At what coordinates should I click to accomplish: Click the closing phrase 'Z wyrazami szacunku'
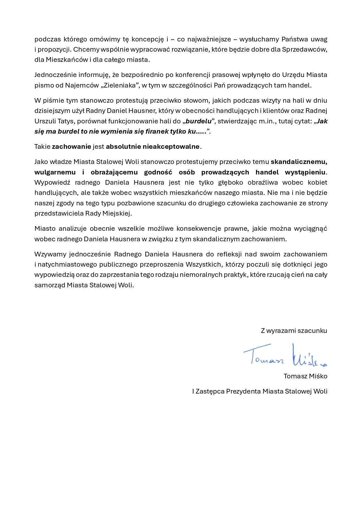coord(294,331)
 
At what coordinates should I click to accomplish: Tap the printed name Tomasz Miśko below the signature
coord(305,376)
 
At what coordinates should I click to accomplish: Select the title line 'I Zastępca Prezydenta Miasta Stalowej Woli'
coord(260,391)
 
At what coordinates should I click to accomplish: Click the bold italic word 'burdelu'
coord(198,121)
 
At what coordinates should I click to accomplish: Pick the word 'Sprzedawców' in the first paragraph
coord(304,49)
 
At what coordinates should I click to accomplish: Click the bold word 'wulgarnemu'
coord(55,172)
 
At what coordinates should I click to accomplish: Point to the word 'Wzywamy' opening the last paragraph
coord(50,254)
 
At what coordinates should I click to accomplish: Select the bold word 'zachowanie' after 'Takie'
coord(71,146)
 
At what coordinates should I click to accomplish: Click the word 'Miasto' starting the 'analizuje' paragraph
coord(45,228)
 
